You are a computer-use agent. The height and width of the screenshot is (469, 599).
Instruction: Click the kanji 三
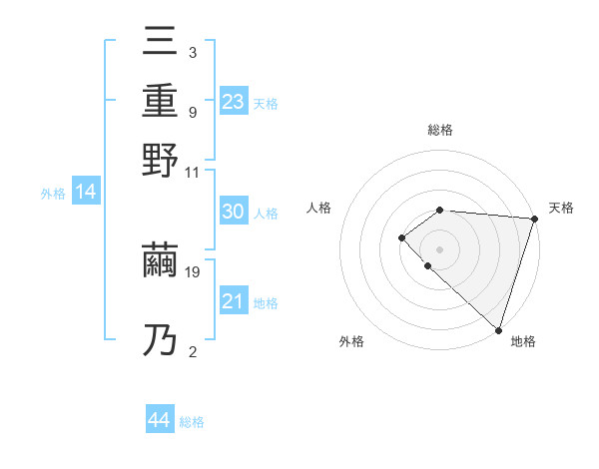point(161,44)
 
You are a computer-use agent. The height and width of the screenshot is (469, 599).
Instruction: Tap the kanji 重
point(161,101)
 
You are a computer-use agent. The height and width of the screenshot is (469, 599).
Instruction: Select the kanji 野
point(161,160)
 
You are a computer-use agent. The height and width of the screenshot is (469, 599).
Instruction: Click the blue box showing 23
point(233,101)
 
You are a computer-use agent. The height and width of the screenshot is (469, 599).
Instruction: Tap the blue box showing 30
point(233,212)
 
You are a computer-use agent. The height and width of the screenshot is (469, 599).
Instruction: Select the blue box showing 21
point(233,301)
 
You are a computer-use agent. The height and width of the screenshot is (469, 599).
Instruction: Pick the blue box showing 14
point(86,193)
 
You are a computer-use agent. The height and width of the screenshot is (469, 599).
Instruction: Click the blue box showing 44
point(160,420)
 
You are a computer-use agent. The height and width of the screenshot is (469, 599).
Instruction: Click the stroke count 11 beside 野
point(193,172)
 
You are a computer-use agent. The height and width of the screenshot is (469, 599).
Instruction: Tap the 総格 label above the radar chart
point(440,130)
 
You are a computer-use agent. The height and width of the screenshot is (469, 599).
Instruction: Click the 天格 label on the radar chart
point(561,208)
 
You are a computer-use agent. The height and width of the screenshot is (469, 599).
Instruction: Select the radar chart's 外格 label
point(351,342)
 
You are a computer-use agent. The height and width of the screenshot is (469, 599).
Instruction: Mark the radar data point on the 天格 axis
point(534,218)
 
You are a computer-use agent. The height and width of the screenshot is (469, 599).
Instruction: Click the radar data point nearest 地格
point(498,329)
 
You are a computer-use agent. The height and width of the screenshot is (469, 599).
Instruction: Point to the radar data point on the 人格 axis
point(401,237)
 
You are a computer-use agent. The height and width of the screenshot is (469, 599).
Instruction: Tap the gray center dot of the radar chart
point(439,248)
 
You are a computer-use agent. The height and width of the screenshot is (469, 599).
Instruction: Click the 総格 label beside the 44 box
point(192,421)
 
